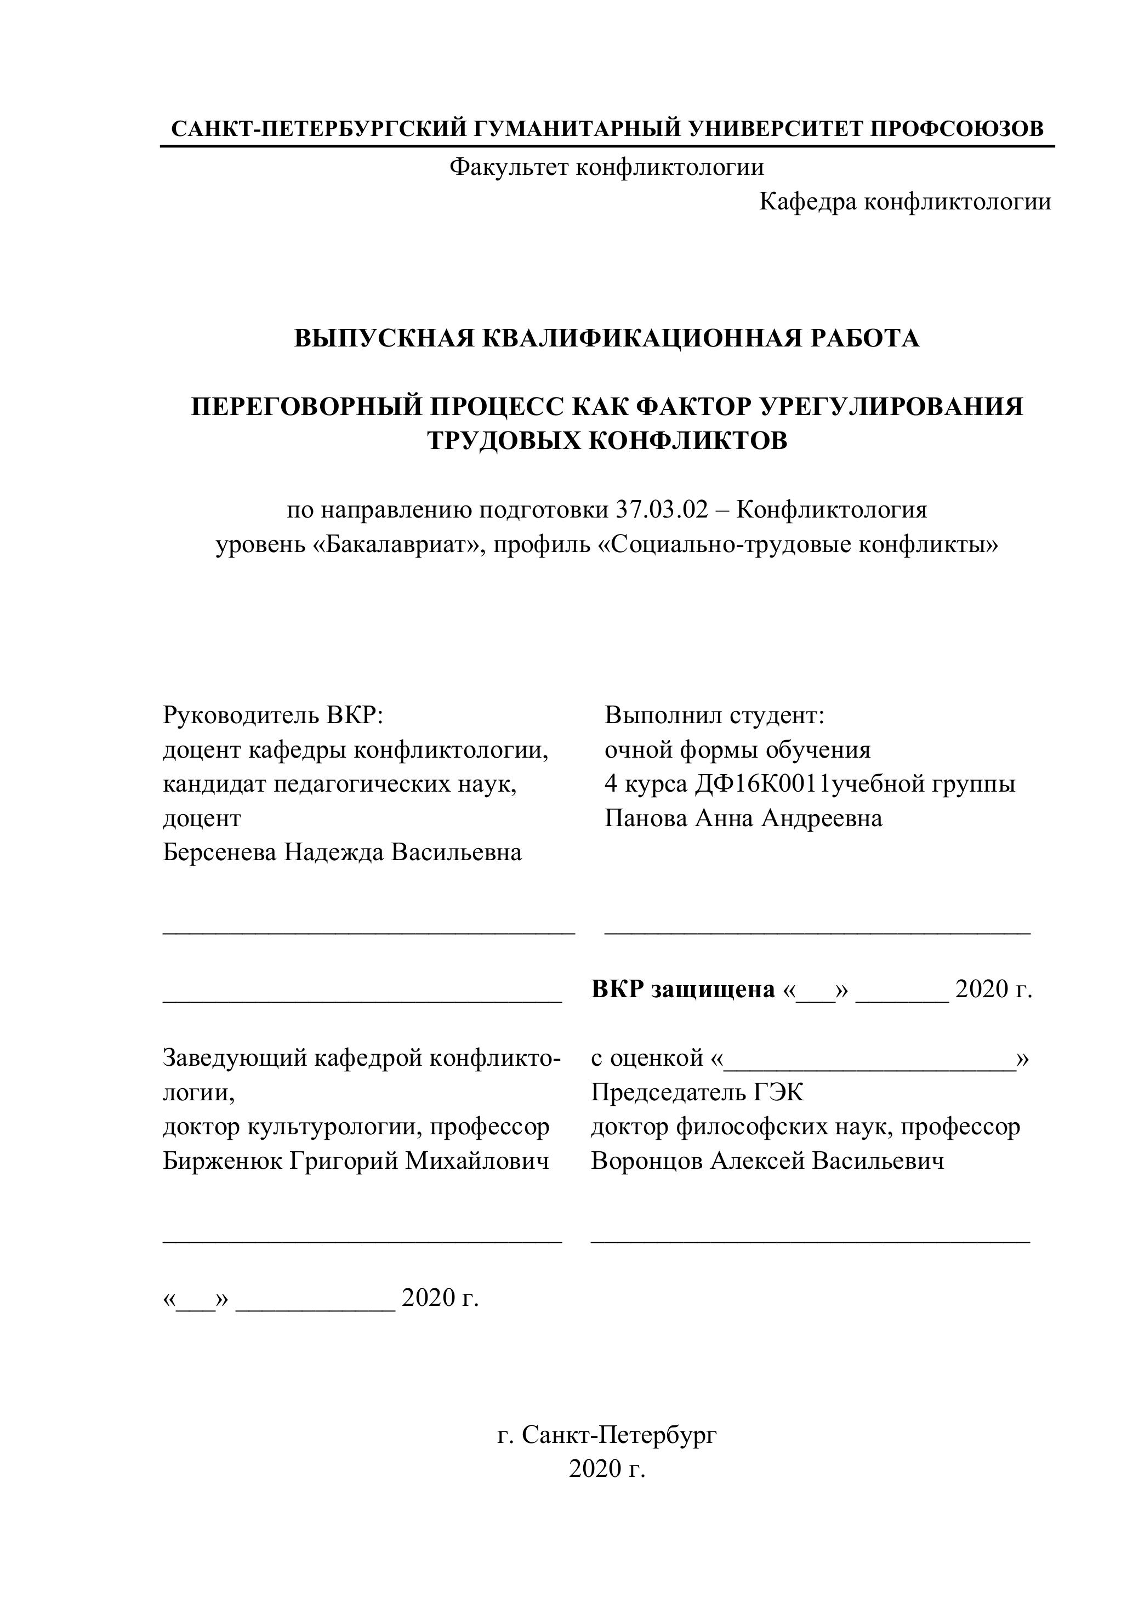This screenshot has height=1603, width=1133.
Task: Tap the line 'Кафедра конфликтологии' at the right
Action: coord(905,202)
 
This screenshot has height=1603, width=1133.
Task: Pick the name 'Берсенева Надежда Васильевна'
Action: coord(342,852)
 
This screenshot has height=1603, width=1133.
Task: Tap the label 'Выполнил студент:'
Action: coord(715,715)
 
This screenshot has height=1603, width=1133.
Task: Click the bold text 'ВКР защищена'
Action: coord(683,990)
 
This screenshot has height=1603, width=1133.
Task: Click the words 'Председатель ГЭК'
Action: coord(697,1092)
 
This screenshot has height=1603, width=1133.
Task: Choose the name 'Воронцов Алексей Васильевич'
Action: coord(767,1161)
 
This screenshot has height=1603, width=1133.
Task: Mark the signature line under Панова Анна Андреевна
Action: coord(817,930)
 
